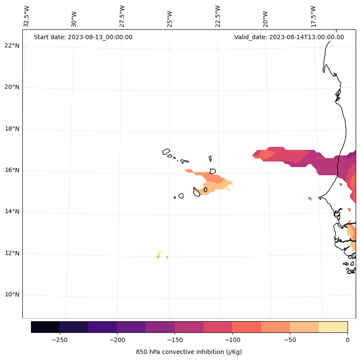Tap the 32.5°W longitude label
27,16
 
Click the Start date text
83,37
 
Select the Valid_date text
289,37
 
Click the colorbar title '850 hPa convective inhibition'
189,352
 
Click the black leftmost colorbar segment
45,327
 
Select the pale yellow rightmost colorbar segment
333,327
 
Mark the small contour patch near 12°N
160,255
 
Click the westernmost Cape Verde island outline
166,152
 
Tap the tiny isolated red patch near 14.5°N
310,199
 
